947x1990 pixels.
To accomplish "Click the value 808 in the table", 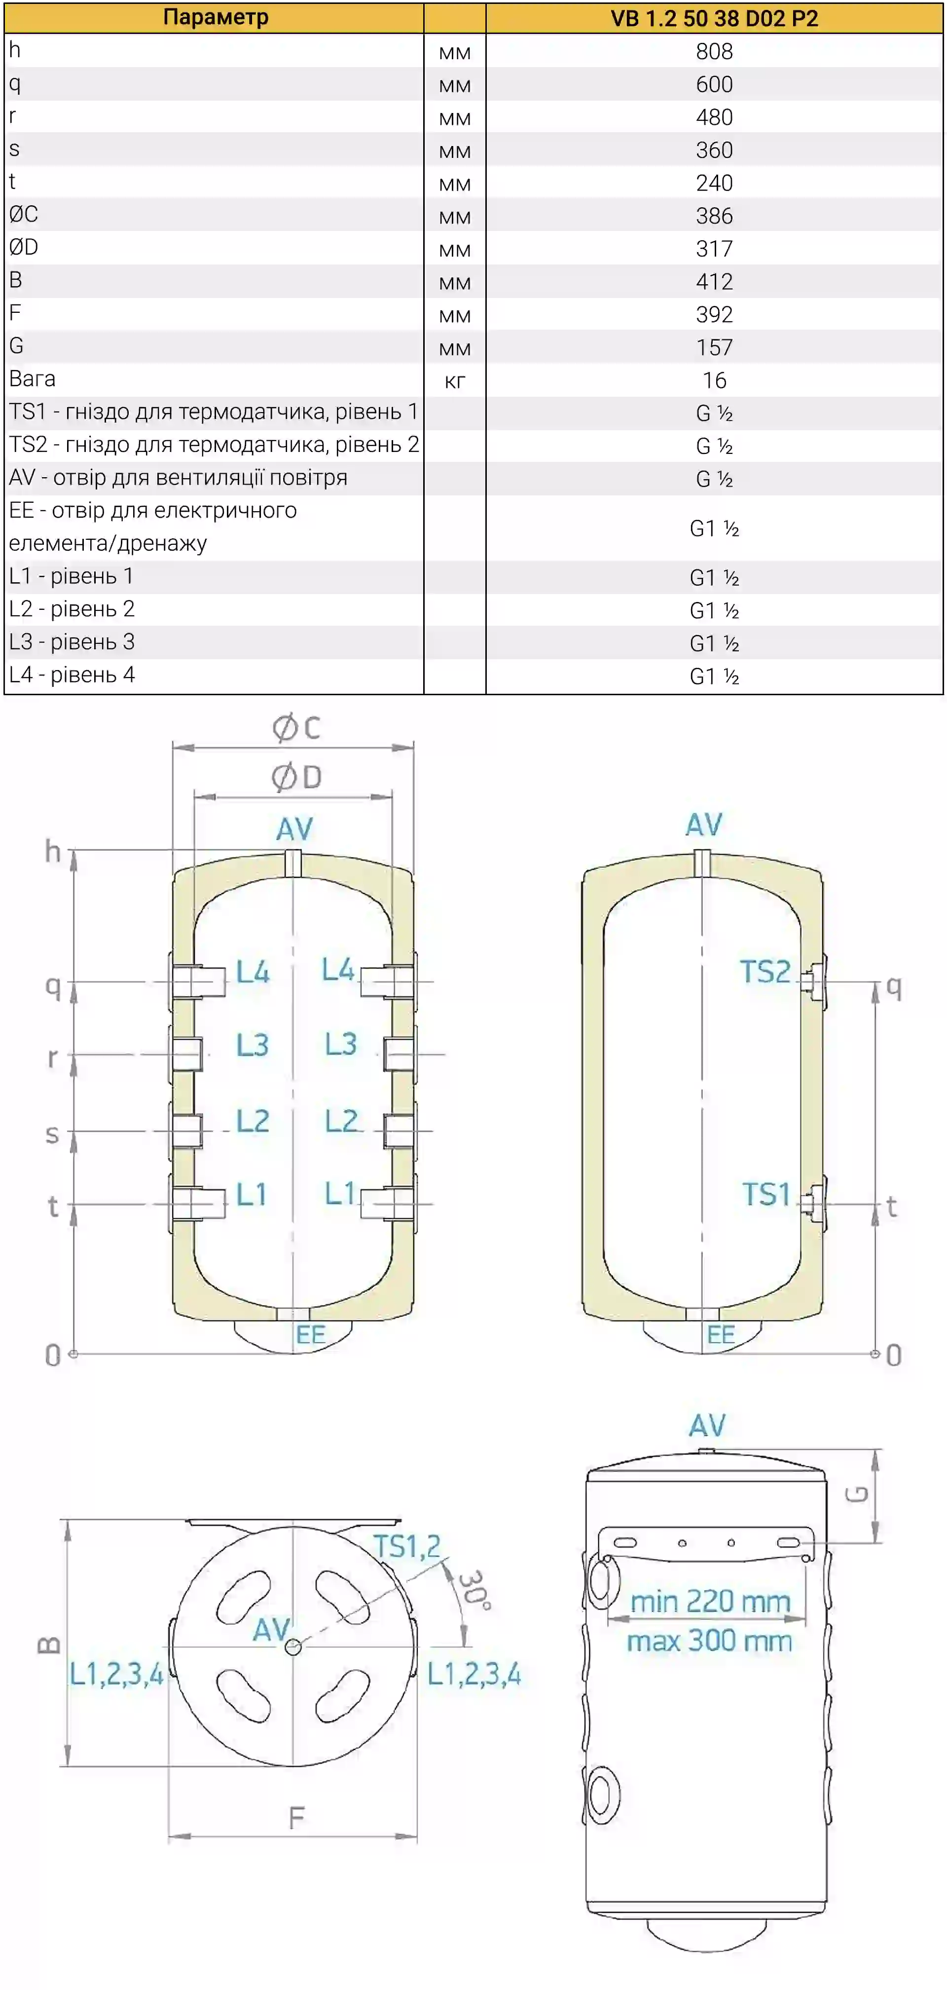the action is coord(714,52).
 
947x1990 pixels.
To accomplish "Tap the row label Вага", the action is coord(33,378).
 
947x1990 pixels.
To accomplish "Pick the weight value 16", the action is coord(714,380).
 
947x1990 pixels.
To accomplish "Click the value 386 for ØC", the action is coord(714,216).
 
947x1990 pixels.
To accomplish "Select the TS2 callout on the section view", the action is coord(765,971).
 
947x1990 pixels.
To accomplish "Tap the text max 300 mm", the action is coord(709,1640).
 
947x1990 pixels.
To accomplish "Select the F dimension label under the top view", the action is coord(296,1818).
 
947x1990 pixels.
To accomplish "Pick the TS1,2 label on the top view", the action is coord(406,1546).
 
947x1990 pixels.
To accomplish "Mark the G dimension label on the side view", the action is coord(857,1493).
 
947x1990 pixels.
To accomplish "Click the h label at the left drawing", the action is coord(52,851).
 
